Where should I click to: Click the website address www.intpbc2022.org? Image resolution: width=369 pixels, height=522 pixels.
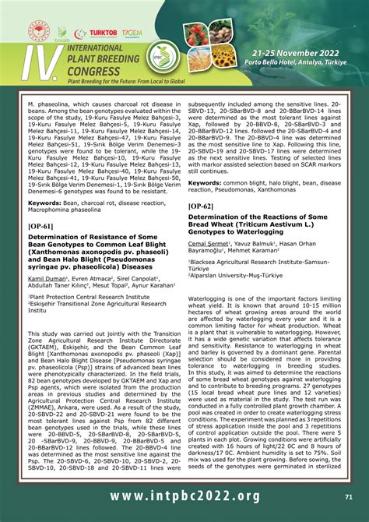184,496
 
